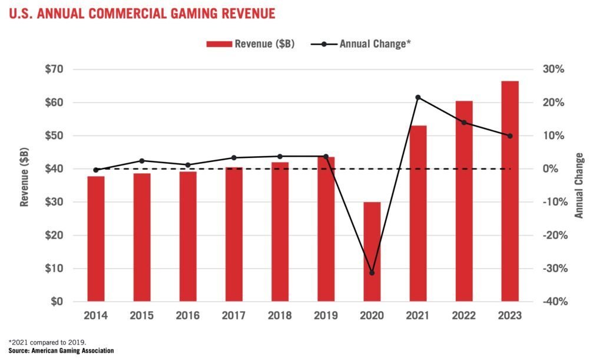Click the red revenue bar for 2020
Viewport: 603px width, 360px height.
point(372,252)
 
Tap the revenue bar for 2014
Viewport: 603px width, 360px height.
point(96,239)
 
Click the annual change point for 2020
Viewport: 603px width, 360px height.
point(372,273)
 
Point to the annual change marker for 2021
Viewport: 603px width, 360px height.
point(418,97)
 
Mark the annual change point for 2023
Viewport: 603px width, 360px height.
point(510,136)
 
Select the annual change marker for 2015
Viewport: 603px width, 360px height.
point(142,161)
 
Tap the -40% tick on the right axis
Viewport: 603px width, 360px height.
point(552,302)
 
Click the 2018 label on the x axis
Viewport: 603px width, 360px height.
point(280,316)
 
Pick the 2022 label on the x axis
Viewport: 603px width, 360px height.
point(463,316)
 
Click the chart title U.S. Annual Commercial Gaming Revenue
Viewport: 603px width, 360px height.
point(142,13)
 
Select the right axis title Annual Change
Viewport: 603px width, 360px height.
point(579,186)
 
